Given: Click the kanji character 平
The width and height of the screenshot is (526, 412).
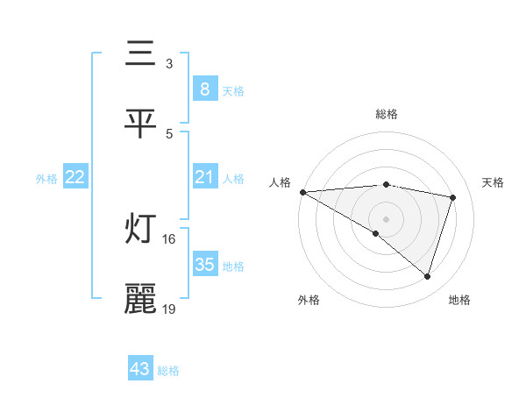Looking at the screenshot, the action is tap(141, 124).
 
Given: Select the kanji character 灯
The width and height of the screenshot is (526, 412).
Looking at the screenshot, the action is tap(141, 230).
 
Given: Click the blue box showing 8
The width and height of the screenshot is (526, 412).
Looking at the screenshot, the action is tap(204, 89).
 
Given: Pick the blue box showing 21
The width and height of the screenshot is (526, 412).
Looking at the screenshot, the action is tap(204, 178).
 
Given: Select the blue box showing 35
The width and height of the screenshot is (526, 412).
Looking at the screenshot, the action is tap(204, 265).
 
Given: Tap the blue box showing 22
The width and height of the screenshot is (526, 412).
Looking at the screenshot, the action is tap(75, 178).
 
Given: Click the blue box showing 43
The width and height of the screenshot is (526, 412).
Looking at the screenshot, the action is tap(140, 370).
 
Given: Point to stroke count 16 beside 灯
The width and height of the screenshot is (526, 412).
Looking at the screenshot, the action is tap(169, 238).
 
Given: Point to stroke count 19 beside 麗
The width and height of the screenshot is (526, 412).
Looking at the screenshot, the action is tap(169, 309).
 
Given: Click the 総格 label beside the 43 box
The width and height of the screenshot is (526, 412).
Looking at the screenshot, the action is tap(168, 371).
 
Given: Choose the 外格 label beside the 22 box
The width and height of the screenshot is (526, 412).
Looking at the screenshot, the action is tap(46, 178).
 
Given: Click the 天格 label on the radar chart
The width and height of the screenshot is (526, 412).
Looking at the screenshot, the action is tap(494, 182).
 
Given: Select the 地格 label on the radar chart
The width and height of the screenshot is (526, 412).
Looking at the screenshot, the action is tap(459, 300).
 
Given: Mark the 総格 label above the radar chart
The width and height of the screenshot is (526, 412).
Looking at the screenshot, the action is tap(387, 114).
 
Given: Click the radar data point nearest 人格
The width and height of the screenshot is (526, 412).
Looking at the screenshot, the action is tap(302, 192).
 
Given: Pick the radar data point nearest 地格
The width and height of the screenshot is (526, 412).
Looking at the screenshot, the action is tap(427, 276).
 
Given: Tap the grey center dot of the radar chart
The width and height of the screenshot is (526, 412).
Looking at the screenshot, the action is tap(386, 218).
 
